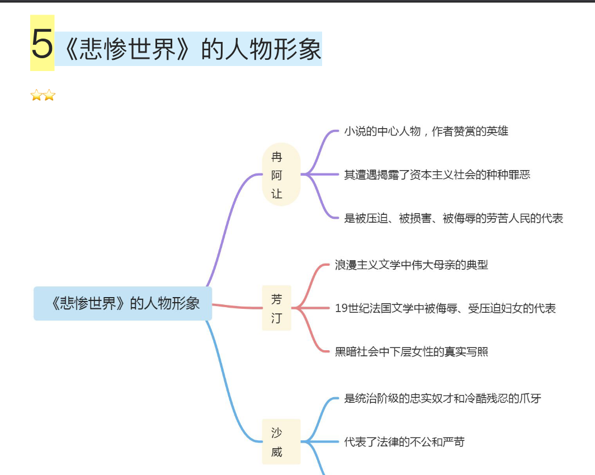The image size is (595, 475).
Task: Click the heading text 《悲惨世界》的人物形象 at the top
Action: (x=192, y=49)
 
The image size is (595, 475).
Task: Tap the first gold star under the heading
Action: (x=36, y=95)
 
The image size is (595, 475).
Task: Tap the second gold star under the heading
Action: (x=49, y=95)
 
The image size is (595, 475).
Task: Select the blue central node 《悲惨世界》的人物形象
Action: (x=122, y=303)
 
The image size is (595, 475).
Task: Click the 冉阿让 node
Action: (x=281, y=175)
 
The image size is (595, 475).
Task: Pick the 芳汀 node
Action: (x=277, y=308)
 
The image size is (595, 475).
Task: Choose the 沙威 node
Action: (x=281, y=441)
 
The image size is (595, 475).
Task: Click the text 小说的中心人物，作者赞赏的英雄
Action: (x=426, y=131)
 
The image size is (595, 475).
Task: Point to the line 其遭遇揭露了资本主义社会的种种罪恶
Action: (x=437, y=175)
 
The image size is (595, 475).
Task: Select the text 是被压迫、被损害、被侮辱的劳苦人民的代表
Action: (x=454, y=218)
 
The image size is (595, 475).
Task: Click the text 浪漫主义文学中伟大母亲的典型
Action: (x=412, y=265)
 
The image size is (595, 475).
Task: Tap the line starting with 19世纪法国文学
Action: (x=445, y=308)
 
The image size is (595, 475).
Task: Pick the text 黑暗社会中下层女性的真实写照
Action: (x=412, y=351)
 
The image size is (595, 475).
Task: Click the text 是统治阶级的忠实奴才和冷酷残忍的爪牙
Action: (x=442, y=398)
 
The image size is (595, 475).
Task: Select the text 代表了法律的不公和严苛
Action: (x=404, y=442)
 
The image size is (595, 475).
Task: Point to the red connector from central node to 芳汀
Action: (x=237, y=307)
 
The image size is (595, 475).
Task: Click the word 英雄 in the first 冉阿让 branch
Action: (x=497, y=131)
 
